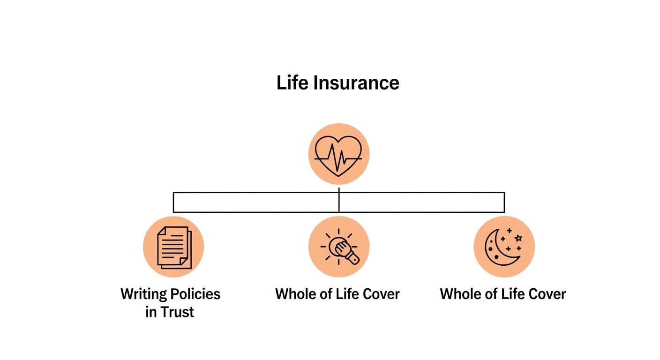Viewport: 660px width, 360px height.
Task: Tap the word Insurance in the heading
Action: click(x=356, y=83)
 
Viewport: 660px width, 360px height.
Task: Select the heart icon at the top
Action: click(x=338, y=154)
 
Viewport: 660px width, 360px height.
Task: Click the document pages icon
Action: click(x=173, y=247)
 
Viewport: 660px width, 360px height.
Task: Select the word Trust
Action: click(x=177, y=312)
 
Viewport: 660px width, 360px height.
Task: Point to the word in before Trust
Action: click(x=150, y=312)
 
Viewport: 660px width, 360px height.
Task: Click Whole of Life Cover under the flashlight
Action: click(x=337, y=294)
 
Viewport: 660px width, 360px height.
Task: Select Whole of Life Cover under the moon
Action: click(x=503, y=294)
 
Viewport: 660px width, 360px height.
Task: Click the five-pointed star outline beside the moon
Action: click(x=518, y=238)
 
